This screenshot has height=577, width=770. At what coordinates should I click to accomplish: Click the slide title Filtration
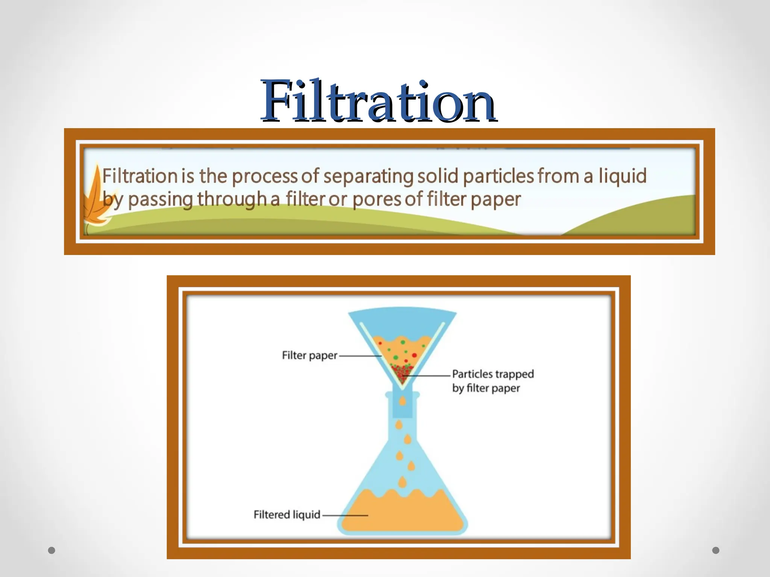point(379,101)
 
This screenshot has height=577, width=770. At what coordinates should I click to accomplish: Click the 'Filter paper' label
point(309,355)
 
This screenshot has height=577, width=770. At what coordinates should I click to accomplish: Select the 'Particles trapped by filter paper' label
point(493,381)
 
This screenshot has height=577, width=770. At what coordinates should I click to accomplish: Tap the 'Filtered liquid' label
point(287,515)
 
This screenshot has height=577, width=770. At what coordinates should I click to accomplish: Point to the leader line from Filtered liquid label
point(345,515)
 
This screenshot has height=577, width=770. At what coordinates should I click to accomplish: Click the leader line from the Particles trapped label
point(429,375)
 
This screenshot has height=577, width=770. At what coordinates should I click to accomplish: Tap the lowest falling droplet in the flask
point(403,482)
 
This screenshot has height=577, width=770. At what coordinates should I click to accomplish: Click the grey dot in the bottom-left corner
point(52,550)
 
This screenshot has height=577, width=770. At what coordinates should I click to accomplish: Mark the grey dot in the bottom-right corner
point(716,550)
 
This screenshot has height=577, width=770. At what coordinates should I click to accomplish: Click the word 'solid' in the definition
point(438,176)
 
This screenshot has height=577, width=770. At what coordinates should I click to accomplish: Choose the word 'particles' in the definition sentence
point(499,176)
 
